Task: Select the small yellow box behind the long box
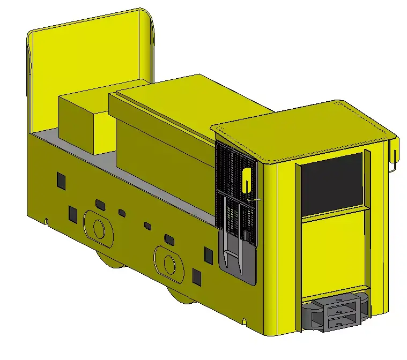86,121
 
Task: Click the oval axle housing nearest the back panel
99,228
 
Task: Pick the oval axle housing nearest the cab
169,263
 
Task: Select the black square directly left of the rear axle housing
73,214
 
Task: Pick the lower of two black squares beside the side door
197,276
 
